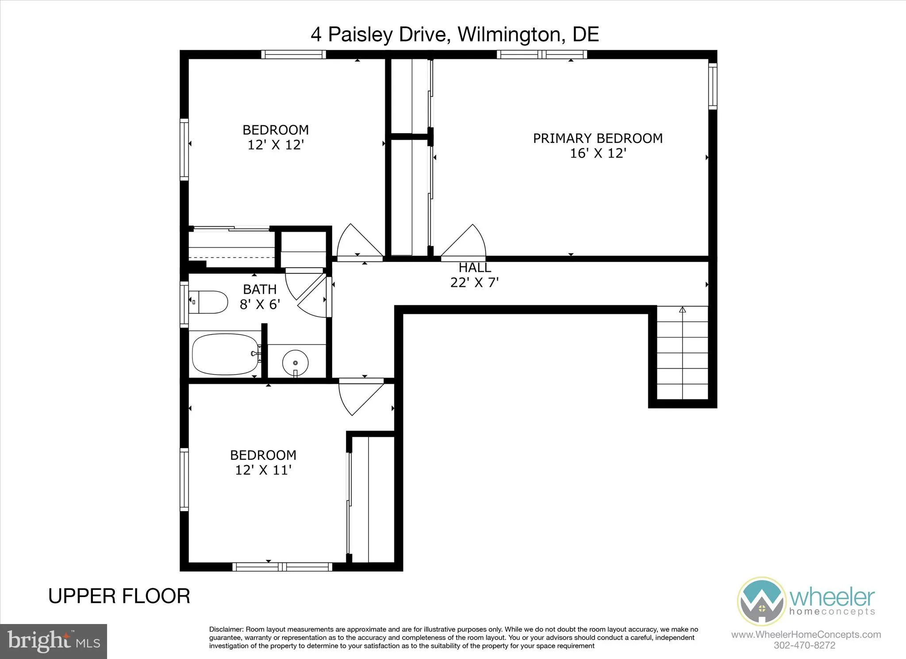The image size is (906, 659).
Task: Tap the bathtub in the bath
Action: pyautogui.click(x=225, y=354)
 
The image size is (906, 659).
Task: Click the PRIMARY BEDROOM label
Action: pyautogui.click(x=597, y=139)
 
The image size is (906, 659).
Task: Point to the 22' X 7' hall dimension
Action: pyautogui.click(x=474, y=282)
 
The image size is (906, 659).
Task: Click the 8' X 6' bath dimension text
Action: pyautogui.click(x=260, y=304)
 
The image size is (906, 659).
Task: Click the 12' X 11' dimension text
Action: pyautogui.click(x=263, y=470)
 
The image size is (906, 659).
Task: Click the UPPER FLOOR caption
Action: pyautogui.click(x=119, y=596)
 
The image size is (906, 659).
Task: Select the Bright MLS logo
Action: pyautogui.click(x=54, y=641)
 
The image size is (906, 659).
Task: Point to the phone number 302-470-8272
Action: pyautogui.click(x=804, y=645)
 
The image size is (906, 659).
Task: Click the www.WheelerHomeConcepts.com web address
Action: pyautogui.click(x=806, y=635)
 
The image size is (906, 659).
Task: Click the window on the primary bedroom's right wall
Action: pyautogui.click(x=712, y=86)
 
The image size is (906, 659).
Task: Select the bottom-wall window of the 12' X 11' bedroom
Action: pyautogui.click(x=282, y=567)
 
